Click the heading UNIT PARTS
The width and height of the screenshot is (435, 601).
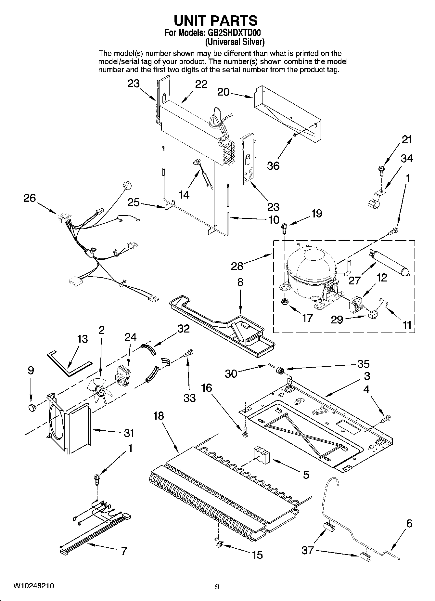coord(216,20)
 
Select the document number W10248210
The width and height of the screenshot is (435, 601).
coord(33,586)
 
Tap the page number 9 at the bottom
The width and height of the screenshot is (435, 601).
coord(217,587)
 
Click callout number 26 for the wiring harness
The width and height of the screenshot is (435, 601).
coord(30,198)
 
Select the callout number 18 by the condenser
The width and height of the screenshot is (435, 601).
coord(159,416)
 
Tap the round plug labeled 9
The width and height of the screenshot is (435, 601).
coord(32,408)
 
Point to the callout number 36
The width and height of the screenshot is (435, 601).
coord(273,165)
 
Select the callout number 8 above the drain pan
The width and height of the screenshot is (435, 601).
coord(240,282)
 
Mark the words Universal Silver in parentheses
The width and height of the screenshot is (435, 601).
coord(235,42)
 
